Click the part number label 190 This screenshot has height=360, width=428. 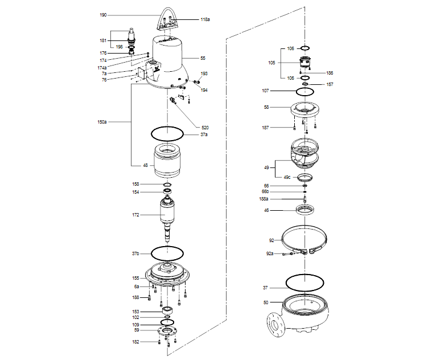(103, 15)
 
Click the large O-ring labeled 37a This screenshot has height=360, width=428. (167, 134)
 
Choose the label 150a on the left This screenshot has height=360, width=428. (102, 122)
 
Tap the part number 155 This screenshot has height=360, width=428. (136, 278)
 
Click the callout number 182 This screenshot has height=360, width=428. (136, 342)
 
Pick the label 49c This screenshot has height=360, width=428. (287, 177)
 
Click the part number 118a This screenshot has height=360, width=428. (205, 19)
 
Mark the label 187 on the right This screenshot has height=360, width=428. (265, 128)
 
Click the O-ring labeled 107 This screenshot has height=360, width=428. (306, 92)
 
